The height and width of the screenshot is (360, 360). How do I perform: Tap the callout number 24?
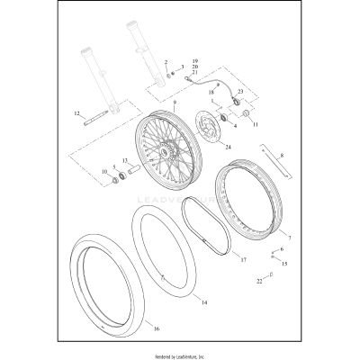click(x=228, y=148)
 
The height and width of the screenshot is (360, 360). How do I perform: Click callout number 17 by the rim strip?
click(x=243, y=259)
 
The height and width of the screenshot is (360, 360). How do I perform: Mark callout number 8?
click(x=282, y=157)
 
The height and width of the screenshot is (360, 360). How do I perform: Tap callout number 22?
click(x=259, y=282)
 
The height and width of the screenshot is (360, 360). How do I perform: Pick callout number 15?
click(x=285, y=264)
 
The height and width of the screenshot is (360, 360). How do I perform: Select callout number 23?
click(x=240, y=93)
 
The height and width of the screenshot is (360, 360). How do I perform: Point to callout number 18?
click(x=212, y=92)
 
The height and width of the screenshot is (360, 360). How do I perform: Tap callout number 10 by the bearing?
click(x=103, y=171)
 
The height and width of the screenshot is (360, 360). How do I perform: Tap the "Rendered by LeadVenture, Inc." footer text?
click(x=180, y=353)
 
